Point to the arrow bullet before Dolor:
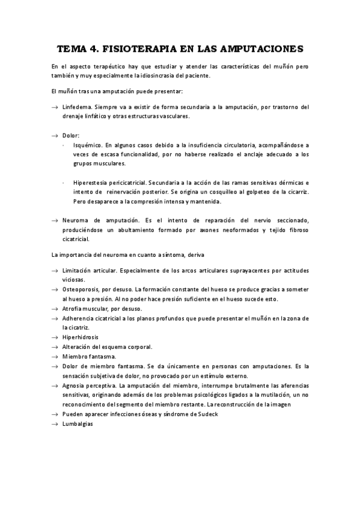pos(54,136)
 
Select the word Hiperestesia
pos(90,182)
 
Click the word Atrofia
pos(73,309)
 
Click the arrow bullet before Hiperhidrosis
pos(54,337)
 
